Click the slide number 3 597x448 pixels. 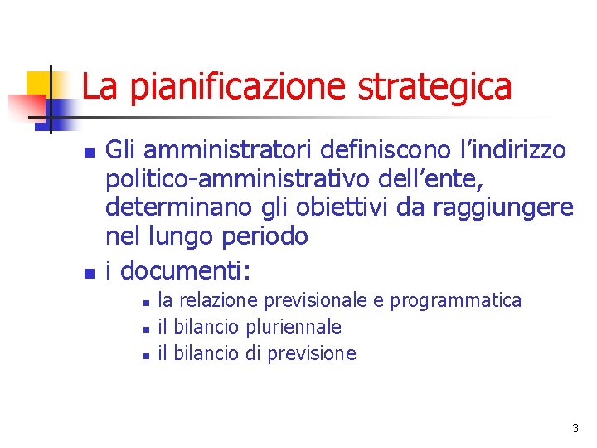click(575, 428)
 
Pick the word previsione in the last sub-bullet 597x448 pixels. click(311, 354)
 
